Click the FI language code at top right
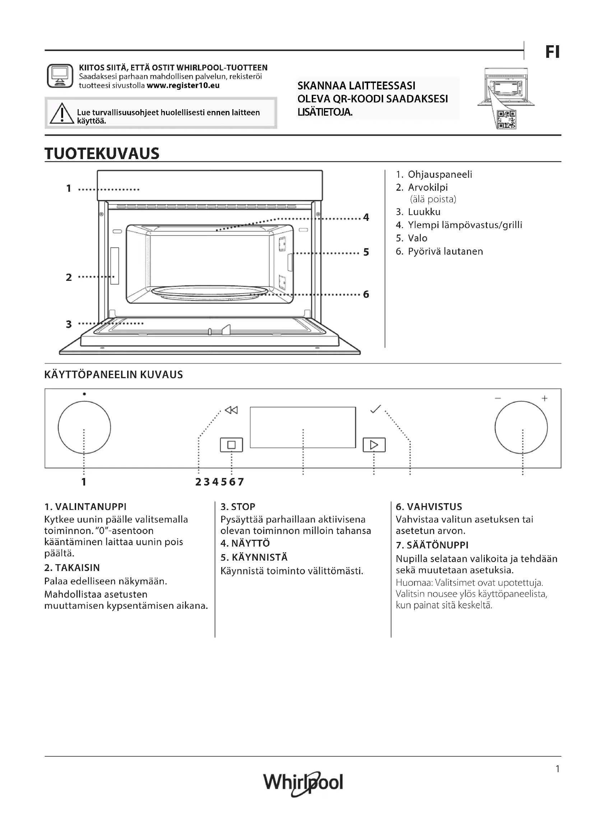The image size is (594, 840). click(552, 52)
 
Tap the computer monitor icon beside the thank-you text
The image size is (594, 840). click(60, 76)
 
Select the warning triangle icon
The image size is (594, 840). click(62, 113)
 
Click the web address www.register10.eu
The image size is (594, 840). click(183, 85)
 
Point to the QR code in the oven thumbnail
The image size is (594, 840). click(507, 120)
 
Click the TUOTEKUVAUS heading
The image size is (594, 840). click(102, 154)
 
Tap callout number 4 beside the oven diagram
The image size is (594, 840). click(366, 217)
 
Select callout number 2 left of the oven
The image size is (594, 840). click(69, 277)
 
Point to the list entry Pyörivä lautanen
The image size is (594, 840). click(445, 251)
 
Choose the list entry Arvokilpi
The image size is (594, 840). click(428, 187)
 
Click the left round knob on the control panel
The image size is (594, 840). click(84, 427)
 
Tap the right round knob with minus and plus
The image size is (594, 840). click(521, 427)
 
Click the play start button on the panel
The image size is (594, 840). click(374, 445)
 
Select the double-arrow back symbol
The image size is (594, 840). click(232, 410)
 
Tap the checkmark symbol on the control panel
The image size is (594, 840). click(375, 409)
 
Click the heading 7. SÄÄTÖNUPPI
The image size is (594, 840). click(432, 545)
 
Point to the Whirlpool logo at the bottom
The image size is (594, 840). click(303, 783)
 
